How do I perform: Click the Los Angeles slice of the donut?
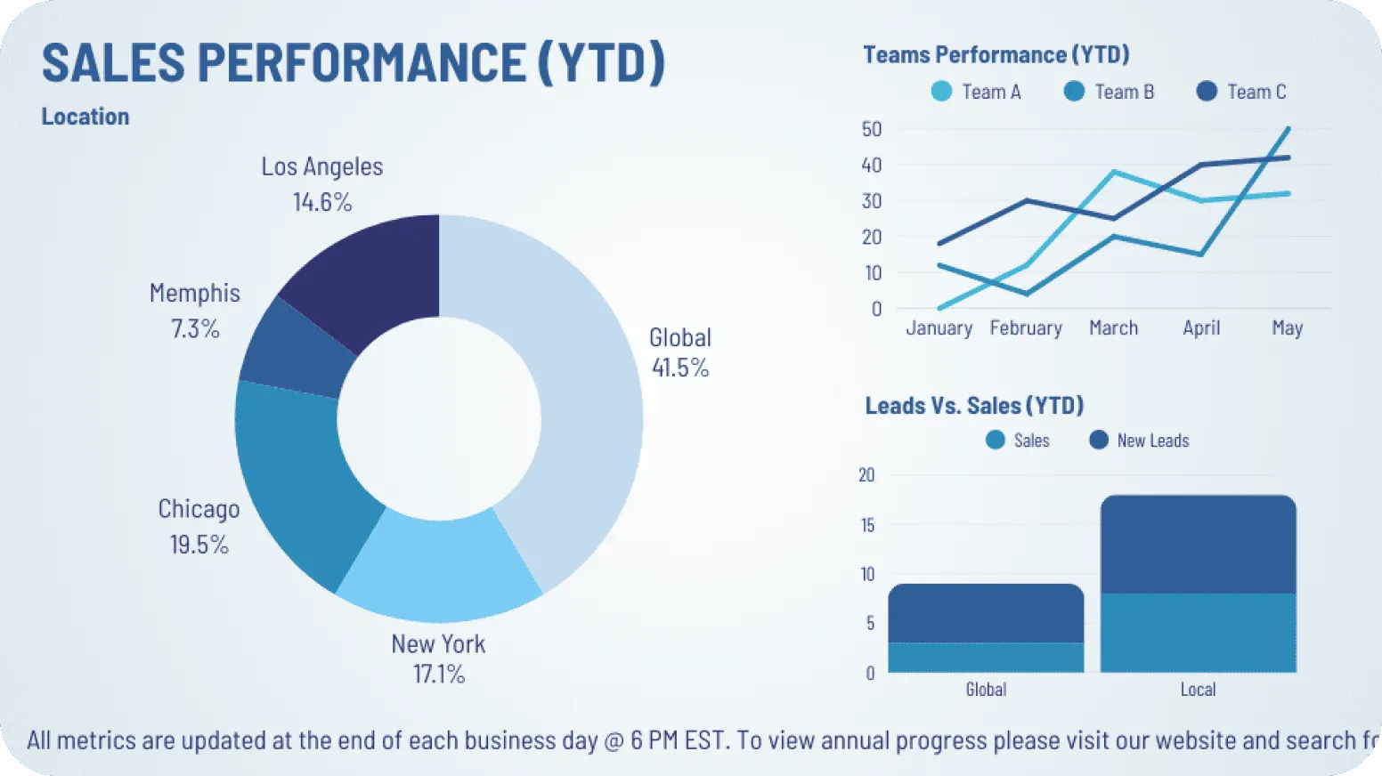(374, 276)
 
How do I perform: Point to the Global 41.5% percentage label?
(680, 368)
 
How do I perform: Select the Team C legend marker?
(1207, 92)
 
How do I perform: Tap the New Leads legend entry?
(1140, 441)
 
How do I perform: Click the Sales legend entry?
(1019, 441)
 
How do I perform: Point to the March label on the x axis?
(1113, 328)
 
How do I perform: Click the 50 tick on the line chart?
(872, 129)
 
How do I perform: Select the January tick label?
(939, 328)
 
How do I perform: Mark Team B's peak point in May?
(1288, 129)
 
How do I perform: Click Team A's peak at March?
(1114, 172)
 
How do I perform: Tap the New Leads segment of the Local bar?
(1198, 545)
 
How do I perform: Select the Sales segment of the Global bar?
(986, 658)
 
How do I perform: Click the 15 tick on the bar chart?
(867, 525)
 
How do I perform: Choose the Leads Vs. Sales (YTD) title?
(974, 406)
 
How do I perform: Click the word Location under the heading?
(85, 117)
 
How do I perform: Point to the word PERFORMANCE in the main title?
(362, 63)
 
